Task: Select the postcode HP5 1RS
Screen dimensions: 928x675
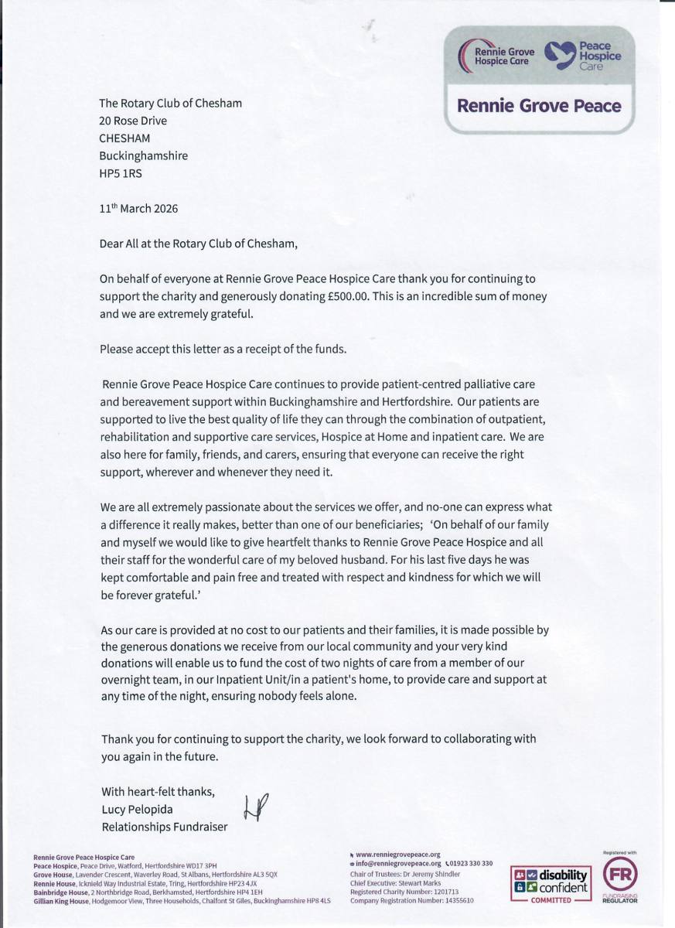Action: [x=121, y=173]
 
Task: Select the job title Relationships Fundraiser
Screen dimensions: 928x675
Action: [x=165, y=827]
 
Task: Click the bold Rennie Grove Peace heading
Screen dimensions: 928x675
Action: [x=539, y=105]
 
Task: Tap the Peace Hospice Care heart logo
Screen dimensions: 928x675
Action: [x=560, y=53]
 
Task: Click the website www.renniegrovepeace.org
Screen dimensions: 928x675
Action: [x=397, y=855]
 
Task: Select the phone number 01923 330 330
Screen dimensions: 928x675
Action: [x=472, y=864]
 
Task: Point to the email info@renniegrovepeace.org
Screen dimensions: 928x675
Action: [x=397, y=864]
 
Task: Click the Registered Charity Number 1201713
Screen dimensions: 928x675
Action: [x=404, y=892]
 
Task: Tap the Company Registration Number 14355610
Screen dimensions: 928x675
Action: [x=411, y=901]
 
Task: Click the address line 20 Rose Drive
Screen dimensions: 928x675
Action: [x=133, y=121]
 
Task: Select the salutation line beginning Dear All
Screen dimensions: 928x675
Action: [x=198, y=244]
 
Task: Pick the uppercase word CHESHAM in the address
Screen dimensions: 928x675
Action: [x=125, y=138]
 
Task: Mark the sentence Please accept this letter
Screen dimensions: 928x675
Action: [x=223, y=349]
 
